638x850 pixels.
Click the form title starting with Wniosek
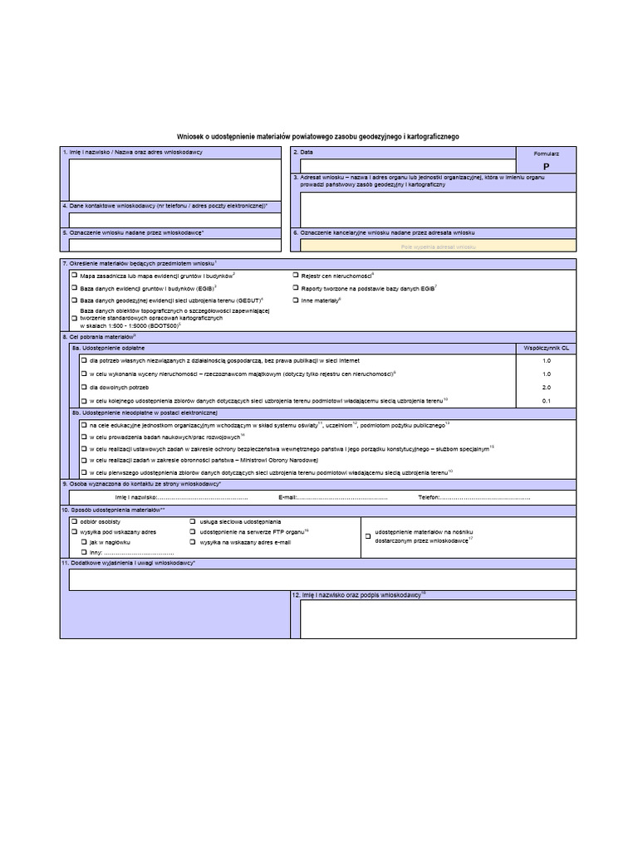tap(318, 137)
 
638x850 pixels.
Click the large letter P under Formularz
tap(546, 166)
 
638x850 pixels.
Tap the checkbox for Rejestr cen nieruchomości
tap(295, 275)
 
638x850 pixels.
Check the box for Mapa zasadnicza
tap(74, 275)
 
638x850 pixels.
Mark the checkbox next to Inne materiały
tap(295, 300)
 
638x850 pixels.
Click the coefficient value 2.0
tap(546, 388)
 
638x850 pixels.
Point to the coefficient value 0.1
tap(546, 401)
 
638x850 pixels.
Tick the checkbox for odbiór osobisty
tap(74, 520)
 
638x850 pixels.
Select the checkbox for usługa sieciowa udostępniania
tap(193, 520)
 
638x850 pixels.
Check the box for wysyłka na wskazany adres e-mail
tap(193, 541)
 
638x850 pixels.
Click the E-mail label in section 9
tap(287, 497)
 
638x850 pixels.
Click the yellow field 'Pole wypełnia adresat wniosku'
tap(438, 247)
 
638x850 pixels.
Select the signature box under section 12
tap(438, 618)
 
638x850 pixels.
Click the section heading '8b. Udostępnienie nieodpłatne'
tap(145, 413)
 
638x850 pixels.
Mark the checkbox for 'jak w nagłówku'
tap(84, 541)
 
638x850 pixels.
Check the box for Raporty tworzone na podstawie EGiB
tap(295, 287)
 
